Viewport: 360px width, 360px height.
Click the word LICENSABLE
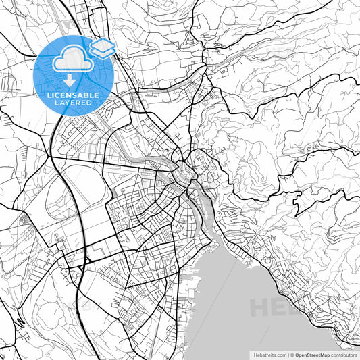[73, 95]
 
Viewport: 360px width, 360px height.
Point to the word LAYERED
[73, 103]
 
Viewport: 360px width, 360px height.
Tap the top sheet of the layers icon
[103, 45]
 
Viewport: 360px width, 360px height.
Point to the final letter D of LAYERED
[90, 103]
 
